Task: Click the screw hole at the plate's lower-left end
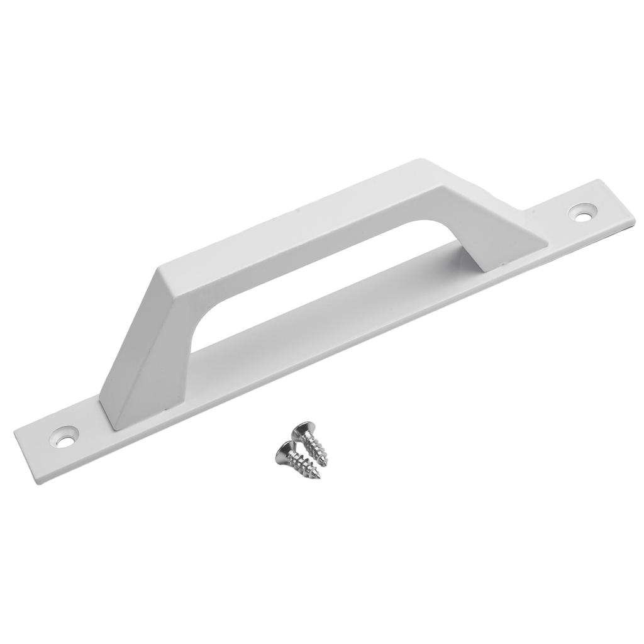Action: [65, 435]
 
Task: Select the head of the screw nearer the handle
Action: [305, 431]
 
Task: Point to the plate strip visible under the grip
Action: [327, 308]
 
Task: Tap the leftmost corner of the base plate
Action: [14, 430]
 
